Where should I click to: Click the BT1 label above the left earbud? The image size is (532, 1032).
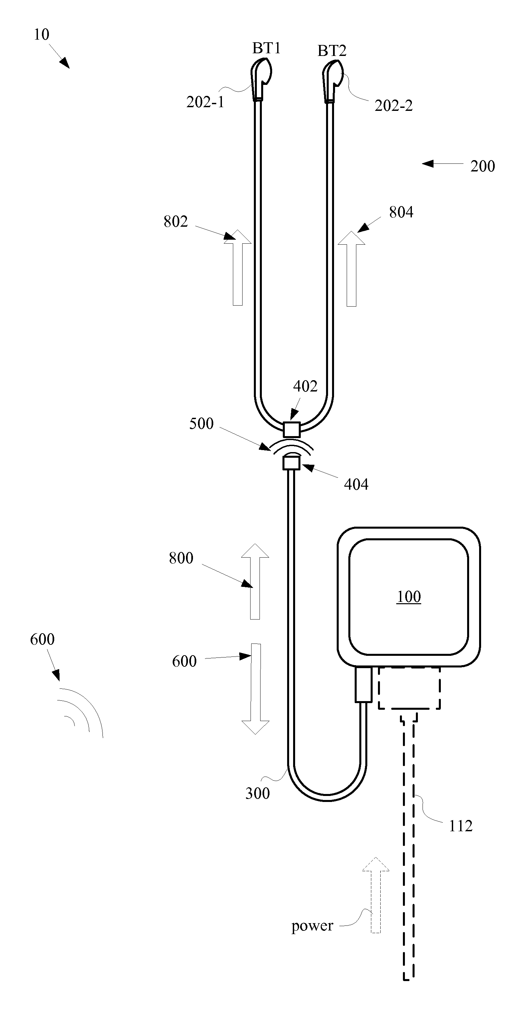click(x=266, y=49)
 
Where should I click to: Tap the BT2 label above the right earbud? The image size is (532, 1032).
click(x=332, y=51)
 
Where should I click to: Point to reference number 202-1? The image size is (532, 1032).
click(x=205, y=102)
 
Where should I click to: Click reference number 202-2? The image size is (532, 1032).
click(x=394, y=106)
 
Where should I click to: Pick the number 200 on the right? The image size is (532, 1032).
click(x=483, y=166)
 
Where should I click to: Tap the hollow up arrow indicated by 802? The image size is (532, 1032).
click(x=238, y=268)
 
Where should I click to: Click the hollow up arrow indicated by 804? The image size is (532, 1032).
click(x=351, y=269)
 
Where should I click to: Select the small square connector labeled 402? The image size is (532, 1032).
click(x=291, y=429)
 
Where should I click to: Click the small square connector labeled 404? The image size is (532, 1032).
click(x=291, y=463)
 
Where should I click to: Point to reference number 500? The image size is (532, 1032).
click(x=201, y=423)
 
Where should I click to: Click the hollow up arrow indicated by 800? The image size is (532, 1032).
click(x=255, y=581)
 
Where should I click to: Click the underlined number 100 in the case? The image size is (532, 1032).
click(x=409, y=597)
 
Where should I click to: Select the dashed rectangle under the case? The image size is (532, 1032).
click(x=410, y=688)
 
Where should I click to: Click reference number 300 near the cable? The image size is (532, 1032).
click(x=258, y=793)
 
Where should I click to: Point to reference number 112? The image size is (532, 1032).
click(x=461, y=826)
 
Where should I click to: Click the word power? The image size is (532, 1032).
click(x=312, y=925)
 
